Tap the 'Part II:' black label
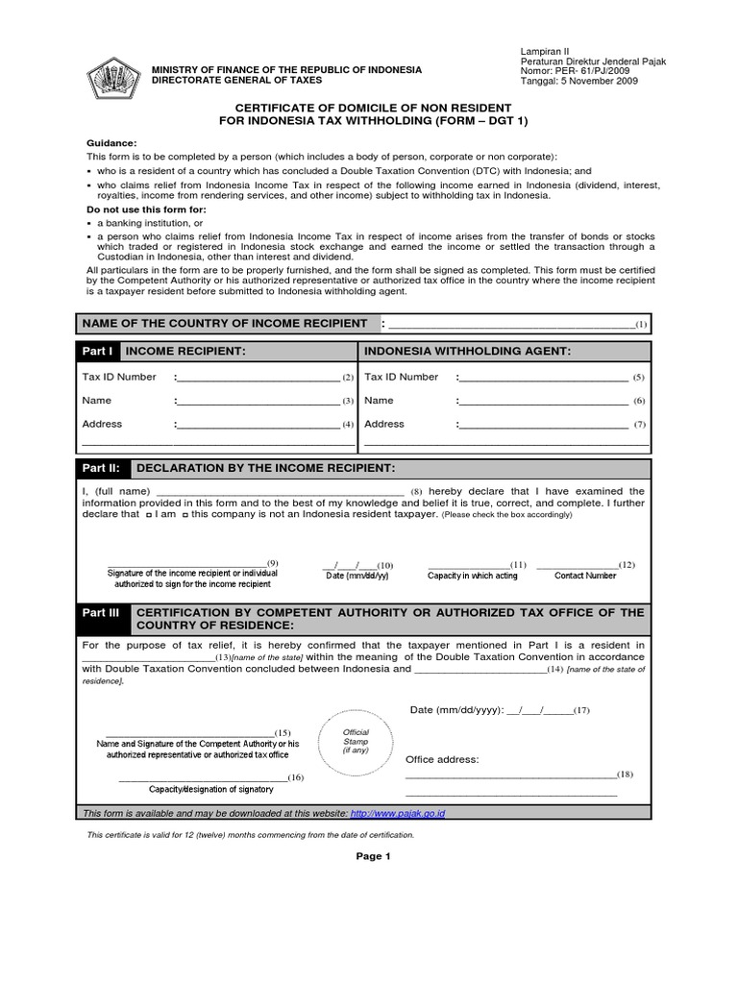coord(103,468)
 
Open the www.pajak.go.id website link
coord(398,813)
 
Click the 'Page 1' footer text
coord(369,857)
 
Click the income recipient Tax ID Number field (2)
coord(258,378)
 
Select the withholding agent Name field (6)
coord(543,401)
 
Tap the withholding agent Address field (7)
coord(543,424)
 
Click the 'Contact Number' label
coord(585,576)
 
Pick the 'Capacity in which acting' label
coord(472,576)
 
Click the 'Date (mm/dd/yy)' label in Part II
coord(357,576)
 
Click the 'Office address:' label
coord(441,759)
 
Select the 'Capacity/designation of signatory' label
coord(210,789)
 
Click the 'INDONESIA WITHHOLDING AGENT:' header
coord(468,352)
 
